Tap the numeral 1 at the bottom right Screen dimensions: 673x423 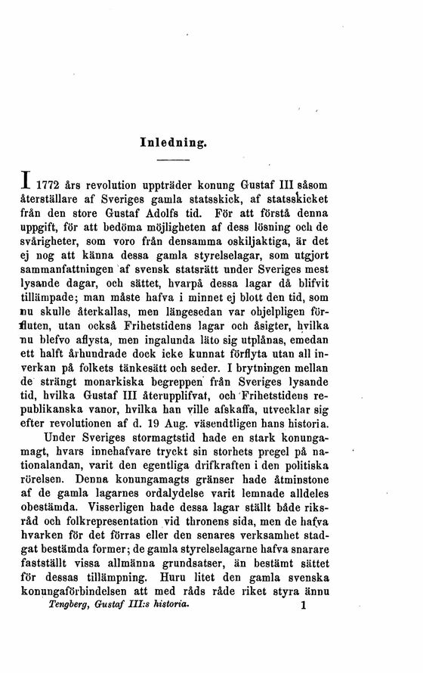coord(302,660)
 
